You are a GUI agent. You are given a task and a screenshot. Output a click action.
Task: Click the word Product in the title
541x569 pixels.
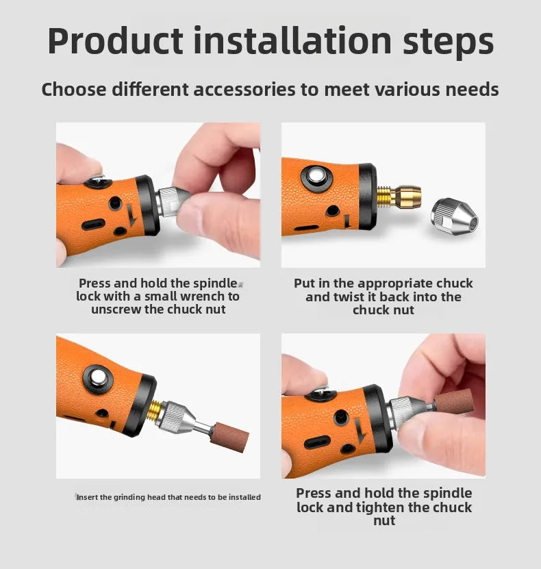(x=115, y=40)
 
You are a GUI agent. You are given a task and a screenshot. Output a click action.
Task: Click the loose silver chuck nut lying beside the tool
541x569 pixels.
(x=455, y=216)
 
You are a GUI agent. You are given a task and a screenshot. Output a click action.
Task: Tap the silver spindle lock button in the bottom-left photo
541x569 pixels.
(x=98, y=379)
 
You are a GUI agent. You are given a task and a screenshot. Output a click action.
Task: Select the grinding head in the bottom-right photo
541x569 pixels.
(x=453, y=401)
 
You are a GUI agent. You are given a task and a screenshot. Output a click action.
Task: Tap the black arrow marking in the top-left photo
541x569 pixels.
(x=131, y=214)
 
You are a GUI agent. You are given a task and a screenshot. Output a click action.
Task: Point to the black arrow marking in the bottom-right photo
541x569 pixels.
(x=360, y=431)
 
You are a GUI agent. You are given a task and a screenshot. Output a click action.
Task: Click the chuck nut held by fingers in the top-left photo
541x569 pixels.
(x=172, y=201)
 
